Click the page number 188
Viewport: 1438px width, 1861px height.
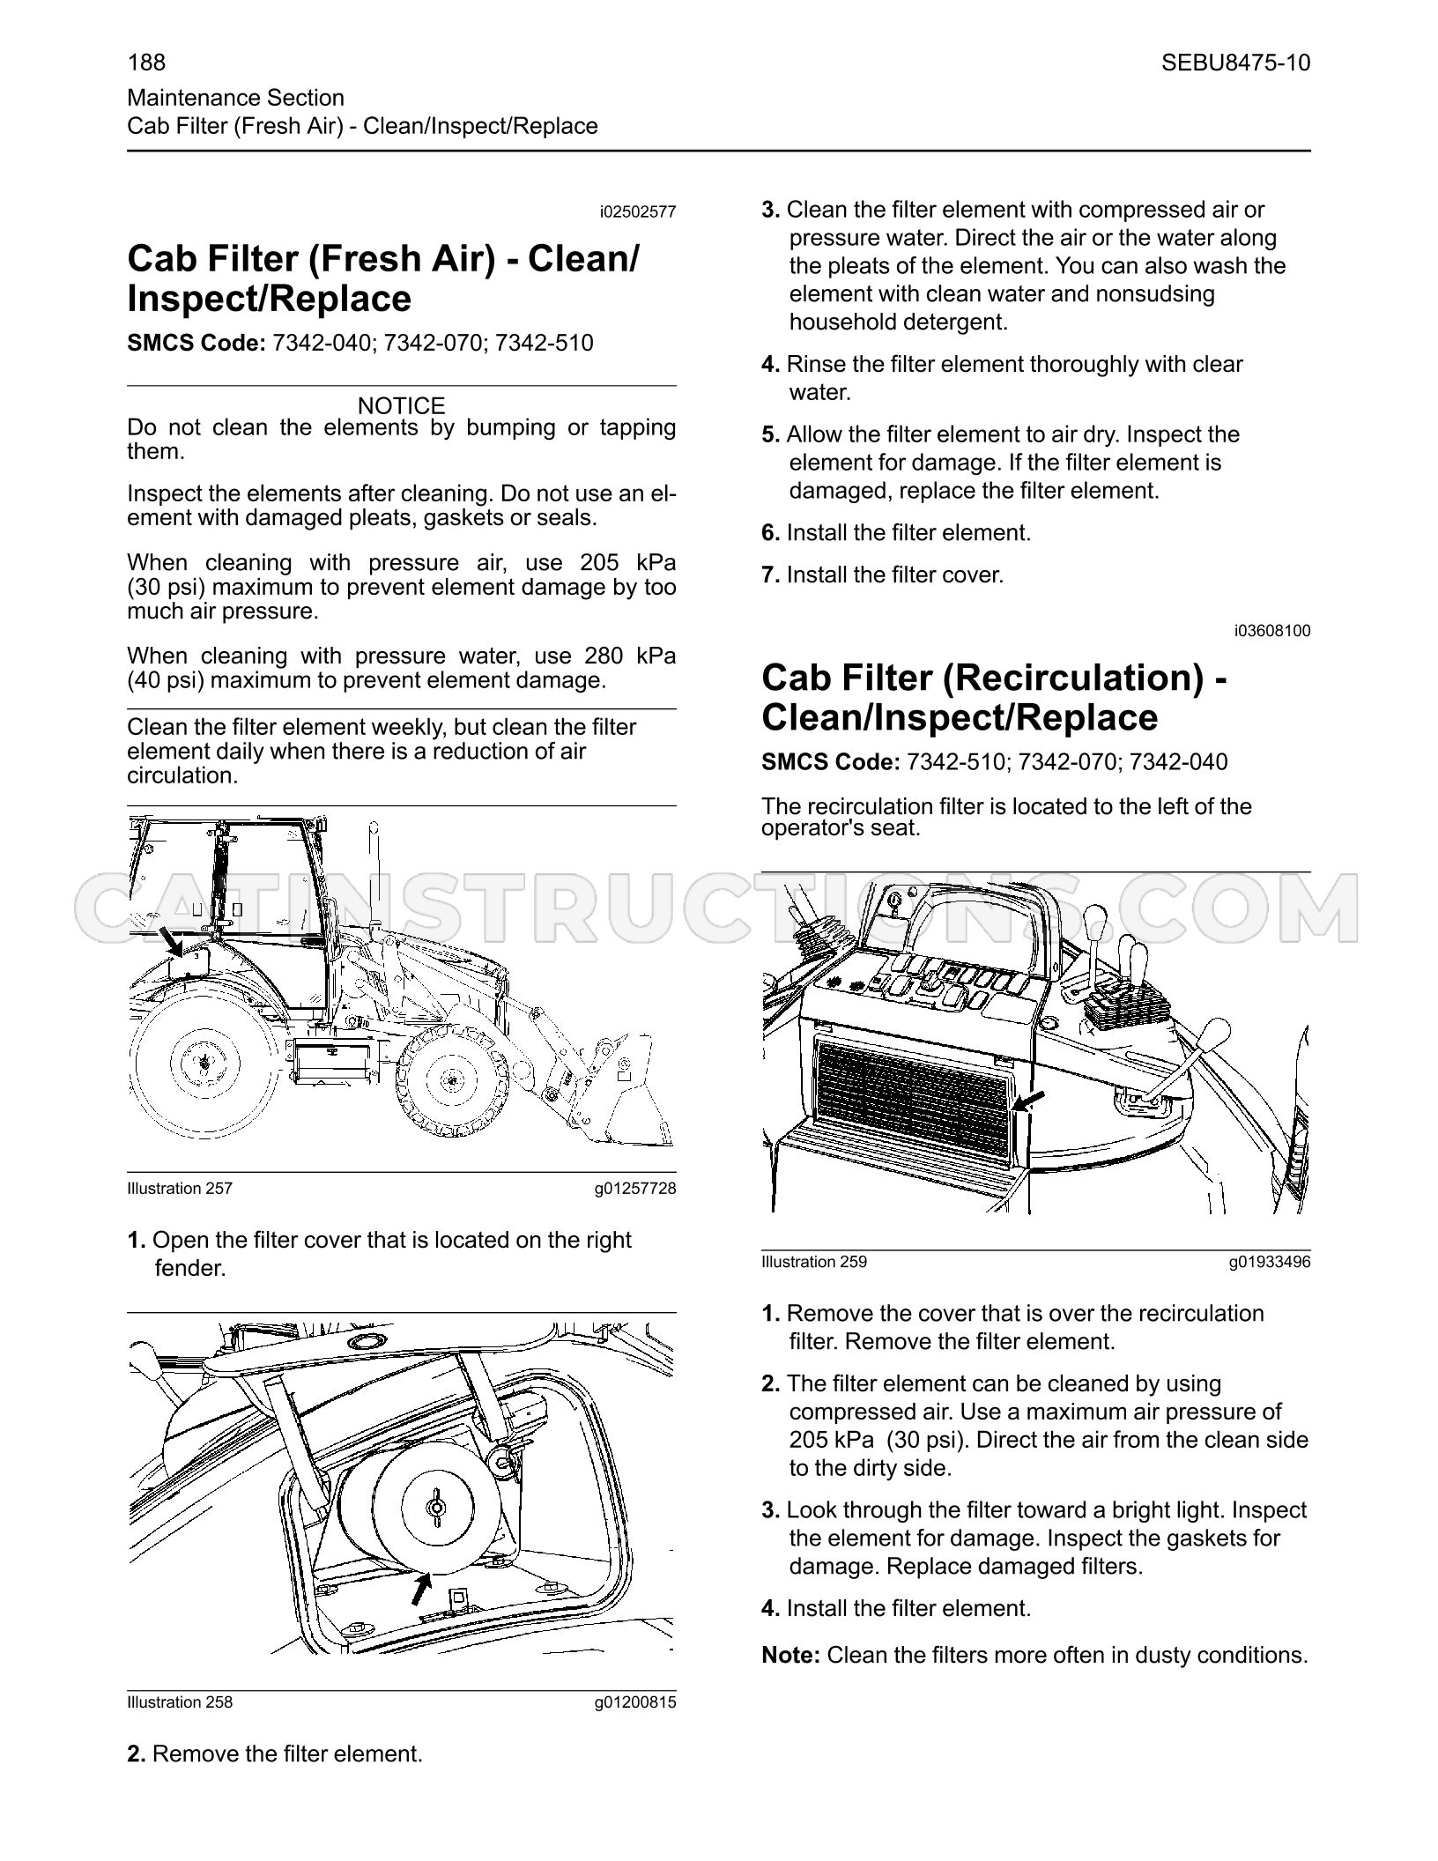pos(146,63)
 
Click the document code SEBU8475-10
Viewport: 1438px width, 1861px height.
pos(1235,63)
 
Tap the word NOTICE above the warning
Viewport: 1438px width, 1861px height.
pos(402,406)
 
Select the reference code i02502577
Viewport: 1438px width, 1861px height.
pos(637,212)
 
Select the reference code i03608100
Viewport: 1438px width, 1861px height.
pos(1271,631)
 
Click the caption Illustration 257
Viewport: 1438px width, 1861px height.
pos(180,1189)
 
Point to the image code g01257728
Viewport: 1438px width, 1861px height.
pos(635,1189)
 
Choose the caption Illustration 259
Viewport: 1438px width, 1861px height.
pos(814,1262)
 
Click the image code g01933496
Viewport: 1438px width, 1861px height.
pos(1270,1262)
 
